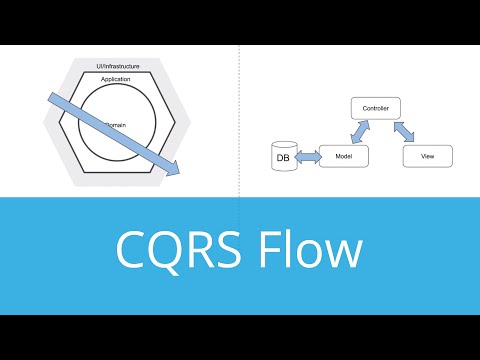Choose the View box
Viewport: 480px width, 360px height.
[x=427, y=156]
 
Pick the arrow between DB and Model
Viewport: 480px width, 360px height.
[x=304, y=157]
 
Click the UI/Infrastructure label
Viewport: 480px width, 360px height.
[x=117, y=66]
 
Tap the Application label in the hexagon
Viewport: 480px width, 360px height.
[x=117, y=78]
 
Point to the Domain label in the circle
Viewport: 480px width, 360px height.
[x=116, y=125]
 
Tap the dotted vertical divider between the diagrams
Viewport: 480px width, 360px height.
[x=240, y=120]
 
